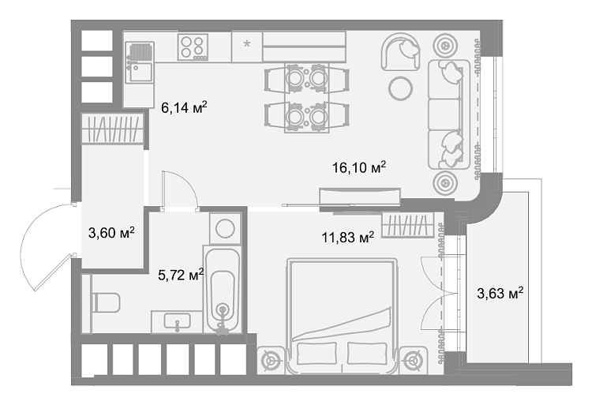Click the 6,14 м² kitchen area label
pyautogui.click(x=184, y=107)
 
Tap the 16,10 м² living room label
pyautogui.click(x=359, y=167)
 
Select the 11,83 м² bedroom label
pyautogui.click(x=348, y=238)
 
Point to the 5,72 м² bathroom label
pyautogui.click(x=181, y=275)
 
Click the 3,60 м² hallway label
pyautogui.click(x=111, y=233)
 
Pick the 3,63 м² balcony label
pyautogui.click(x=500, y=293)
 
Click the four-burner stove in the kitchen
pyautogui.click(x=193, y=47)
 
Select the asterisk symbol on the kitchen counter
pyautogui.click(x=247, y=44)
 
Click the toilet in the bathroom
pyautogui.click(x=106, y=302)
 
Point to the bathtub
pyautogui.click(x=223, y=290)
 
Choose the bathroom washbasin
pyautogui.click(x=177, y=322)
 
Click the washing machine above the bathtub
pyautogui.click(x=225, y=228)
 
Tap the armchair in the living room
pyautogui.click(x=400, y=51)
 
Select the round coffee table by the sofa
pyautogui.click(x=400, y=88)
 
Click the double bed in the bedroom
pyautogui.click(x=343, y=316)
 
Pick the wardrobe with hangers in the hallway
pyautogui.click(x=113, y=129)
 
